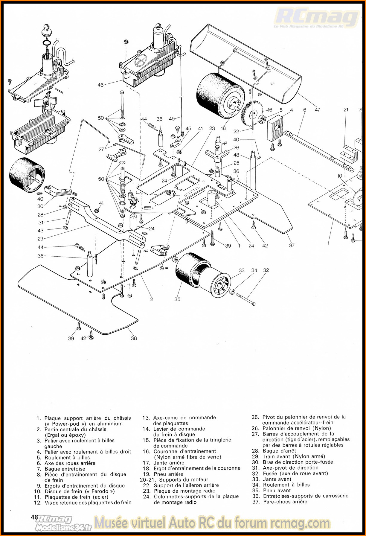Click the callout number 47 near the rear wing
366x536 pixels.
(317, 110)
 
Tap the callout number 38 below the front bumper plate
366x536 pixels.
(134, 338)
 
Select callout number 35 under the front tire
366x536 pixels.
(177, 299)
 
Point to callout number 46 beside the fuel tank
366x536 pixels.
(100, 85)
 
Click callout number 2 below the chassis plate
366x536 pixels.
(152, 299)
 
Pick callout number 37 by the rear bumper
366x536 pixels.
(292, 245)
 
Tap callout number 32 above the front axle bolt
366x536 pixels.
(266, 270)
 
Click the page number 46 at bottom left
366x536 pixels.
(34, 517)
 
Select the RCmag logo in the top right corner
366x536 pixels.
(317, 18)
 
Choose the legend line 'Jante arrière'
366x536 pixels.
(169, 463)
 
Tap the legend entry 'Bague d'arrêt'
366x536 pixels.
(279, 451)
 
